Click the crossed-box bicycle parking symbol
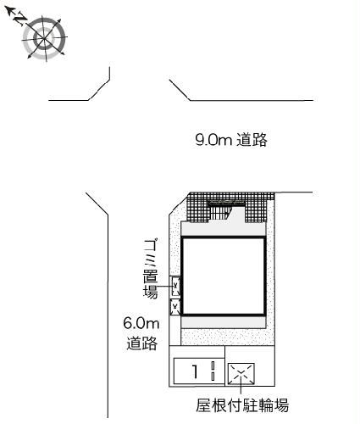pyautogui.click(x=241, y=371)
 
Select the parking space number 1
pyautogui.click(x=195, y=371)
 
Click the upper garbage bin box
pyautogui.click(x=176, y=287)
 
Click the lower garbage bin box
pyautogui.click(x=176, y=306)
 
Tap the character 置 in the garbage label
pyautogui.click(x=151, y=276)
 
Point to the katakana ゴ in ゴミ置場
pyautogui.click(x=151, y=245)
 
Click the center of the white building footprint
pyautogui.click(x=223, y=276)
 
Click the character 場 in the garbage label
pyautogui.click(x=151, y=293)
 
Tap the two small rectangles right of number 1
pyautogui.click(x=214, y=371)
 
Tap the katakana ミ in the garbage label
pyautogui.click(x=151, y=259)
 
